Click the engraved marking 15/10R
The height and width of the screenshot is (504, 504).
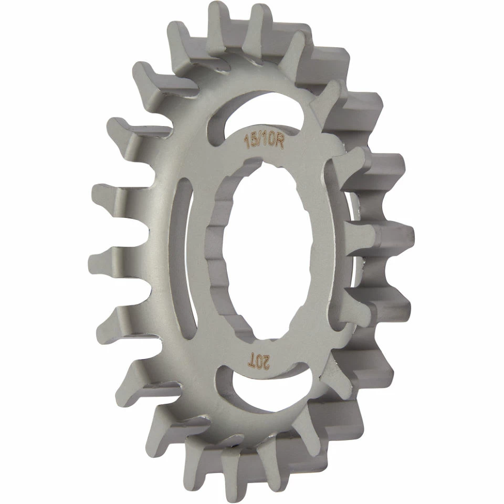point(264,141)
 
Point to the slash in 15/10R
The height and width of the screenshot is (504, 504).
point(258,141)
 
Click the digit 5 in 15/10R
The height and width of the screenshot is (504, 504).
point(251,140)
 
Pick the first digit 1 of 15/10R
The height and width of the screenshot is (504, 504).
point(246,140)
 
